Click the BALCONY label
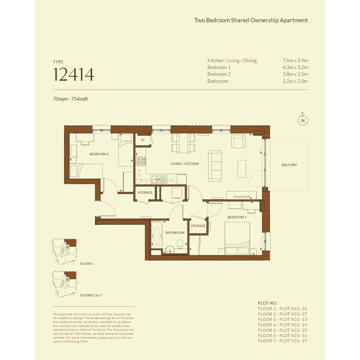tap(289, 165)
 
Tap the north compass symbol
tap(303, 119)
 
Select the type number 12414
tap(74, 74)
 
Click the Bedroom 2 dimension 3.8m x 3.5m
tap(295, 74)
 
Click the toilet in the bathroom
tap(180, 243)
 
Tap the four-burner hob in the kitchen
tap(141, 161)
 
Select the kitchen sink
tap(159, 179)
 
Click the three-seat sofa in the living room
tap(215, 166)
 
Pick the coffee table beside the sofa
tap(242, 169)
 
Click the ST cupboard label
tap(143, 140)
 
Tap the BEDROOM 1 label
tap(237, 217)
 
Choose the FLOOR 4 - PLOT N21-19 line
tap(282, 325)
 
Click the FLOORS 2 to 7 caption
tap(91, 295)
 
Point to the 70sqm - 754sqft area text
tap(70, 99)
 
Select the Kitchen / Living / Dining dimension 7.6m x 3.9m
tap(295, 61)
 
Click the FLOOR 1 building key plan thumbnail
tap(65, 252)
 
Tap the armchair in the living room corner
tap(238, 141)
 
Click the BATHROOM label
tap(175, 233)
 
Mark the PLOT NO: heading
tap(268, 303)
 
